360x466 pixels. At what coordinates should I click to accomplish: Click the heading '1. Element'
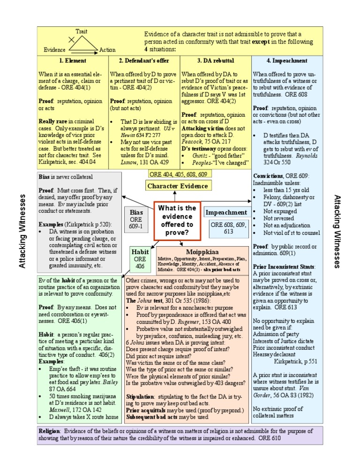pos(72,60)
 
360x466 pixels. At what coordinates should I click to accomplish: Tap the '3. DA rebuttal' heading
pos(216,60)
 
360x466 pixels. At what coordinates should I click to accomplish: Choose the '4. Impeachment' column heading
pos(287,60)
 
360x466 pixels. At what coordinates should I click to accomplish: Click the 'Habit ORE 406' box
pos(140,258)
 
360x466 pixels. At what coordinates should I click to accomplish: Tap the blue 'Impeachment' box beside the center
pos(226,212)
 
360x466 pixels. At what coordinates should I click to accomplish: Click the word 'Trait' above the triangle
pos(81,31)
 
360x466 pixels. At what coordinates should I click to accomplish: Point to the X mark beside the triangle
pos(71,40)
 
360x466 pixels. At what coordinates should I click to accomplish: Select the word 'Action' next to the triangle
pos(107,50)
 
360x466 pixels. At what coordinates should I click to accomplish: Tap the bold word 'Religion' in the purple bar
pos(48,430)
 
